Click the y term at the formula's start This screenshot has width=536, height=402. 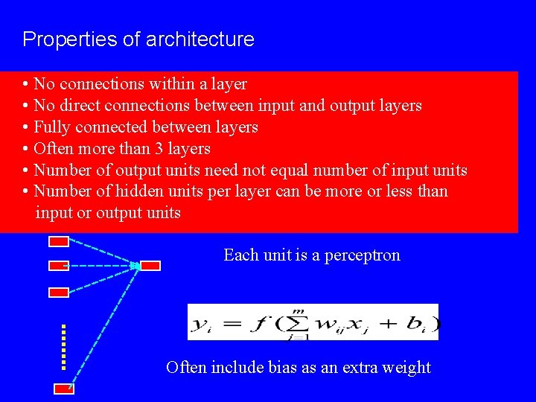[x=201, y=324]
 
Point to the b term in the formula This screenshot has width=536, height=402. [x=418, y=324]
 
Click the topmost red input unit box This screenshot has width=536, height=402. [x=59, y=241]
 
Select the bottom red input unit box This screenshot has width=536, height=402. [x=63, y=388]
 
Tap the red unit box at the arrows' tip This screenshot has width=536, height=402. [x=150, y=266]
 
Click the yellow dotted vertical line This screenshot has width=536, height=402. [x=64, y=346]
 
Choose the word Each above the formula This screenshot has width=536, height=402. [x=238, y=255]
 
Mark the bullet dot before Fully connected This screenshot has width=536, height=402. [x=26, y=127]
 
